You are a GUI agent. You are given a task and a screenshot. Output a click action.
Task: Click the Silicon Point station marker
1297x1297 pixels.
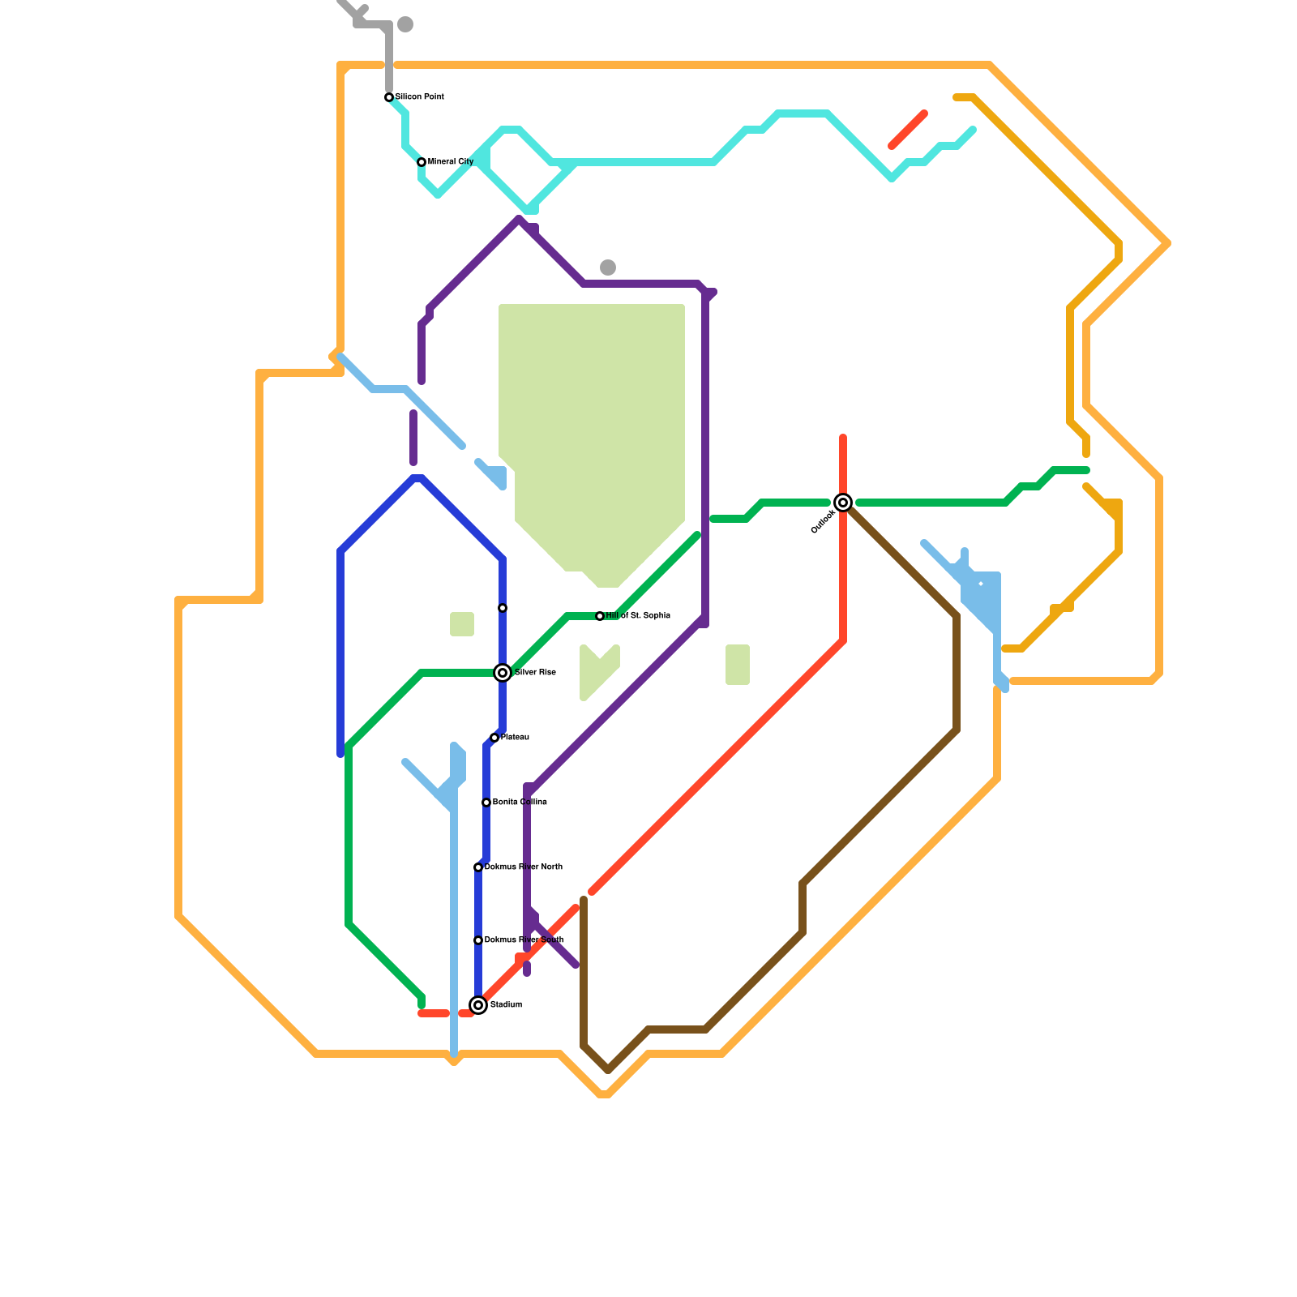coord(389,97)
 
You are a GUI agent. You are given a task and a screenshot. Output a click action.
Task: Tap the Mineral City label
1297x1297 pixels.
coord(451,162)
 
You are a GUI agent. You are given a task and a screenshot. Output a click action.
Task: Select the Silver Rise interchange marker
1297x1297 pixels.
coord(503,673)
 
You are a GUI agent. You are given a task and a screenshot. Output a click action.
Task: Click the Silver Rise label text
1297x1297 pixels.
coord(535,673)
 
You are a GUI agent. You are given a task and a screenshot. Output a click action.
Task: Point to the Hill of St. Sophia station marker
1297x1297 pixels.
coord(600,616)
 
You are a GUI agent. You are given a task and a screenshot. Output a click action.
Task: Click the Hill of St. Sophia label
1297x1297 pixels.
coord(638,616)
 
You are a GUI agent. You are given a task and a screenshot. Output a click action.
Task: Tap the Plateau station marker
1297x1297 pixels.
coord(494,738)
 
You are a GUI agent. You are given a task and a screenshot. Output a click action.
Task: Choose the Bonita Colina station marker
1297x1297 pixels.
coord(486,803)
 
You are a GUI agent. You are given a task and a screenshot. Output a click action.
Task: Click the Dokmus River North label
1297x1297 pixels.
coord(524,867)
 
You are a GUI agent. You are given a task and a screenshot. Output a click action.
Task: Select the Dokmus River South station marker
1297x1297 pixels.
coord(478,940)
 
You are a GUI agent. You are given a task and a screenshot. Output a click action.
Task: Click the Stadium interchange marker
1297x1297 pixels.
coord(478,1005)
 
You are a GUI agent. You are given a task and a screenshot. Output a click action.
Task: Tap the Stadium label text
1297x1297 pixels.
coord(506,1005)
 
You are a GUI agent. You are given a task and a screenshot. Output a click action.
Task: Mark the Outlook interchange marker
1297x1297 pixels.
coord(843,503)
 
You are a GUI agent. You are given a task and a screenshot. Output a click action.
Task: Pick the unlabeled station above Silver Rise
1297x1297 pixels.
coord(503,608)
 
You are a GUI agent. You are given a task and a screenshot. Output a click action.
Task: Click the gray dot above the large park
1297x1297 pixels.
coord(608,268)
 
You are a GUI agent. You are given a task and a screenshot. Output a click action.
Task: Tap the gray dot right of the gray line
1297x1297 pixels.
coord(405,24)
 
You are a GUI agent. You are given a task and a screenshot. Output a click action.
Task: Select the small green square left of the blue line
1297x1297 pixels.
coord(462,624)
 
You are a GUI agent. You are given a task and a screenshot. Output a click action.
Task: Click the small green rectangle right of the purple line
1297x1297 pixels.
coord(738,665)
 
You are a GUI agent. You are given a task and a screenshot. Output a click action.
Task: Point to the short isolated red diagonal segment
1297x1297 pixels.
coord(908,130)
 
